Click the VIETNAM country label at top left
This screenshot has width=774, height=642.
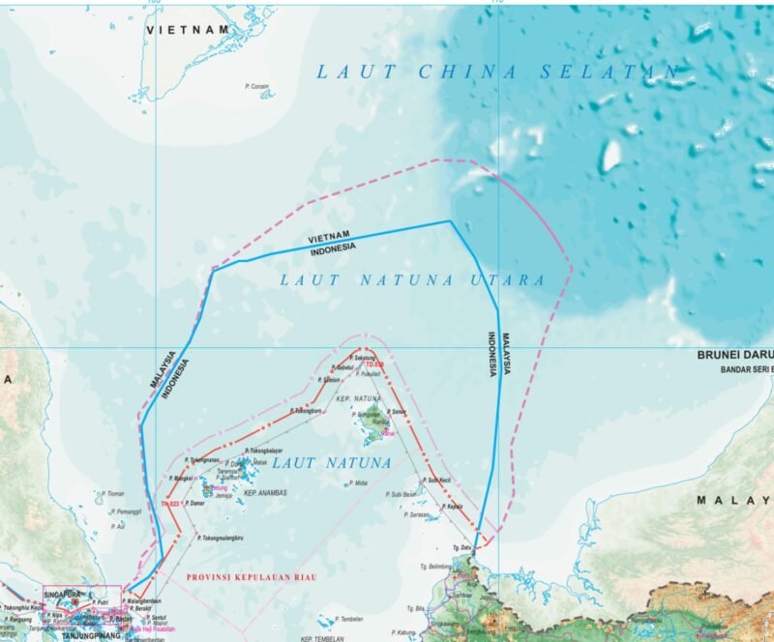click(189, 30)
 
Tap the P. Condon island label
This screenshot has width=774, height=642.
click(257, 86)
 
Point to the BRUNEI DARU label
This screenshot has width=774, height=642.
click(735, 355)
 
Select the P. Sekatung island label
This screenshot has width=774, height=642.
click(359, 359)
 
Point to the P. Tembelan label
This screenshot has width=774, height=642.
click(347, 619)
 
